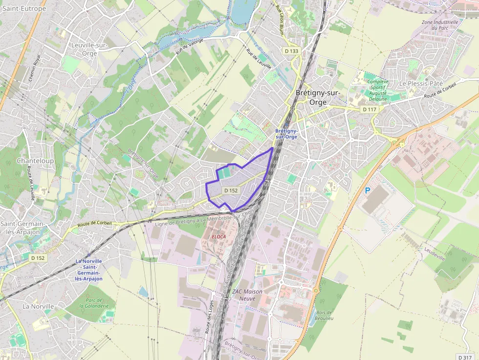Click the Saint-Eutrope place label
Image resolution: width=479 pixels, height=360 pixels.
pos(24,9)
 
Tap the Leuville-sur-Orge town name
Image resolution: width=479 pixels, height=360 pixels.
pos(89,49)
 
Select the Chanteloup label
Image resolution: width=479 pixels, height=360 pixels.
pos(35,160)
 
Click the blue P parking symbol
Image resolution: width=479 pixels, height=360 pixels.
pos(367,191)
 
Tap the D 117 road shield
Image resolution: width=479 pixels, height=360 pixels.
pos(370,109)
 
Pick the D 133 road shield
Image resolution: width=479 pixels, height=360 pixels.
pos(291,51)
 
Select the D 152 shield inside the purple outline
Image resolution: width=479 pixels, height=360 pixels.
pos(231,190)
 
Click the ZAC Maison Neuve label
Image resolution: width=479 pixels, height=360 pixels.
pos(247,295)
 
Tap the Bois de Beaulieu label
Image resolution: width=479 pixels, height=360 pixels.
pos(324,316)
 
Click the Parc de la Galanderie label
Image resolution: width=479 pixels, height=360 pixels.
pos(97,303)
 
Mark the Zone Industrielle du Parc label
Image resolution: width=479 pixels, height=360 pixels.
pos(440,25)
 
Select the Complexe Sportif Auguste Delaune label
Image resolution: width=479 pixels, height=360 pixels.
pos(378,90)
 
